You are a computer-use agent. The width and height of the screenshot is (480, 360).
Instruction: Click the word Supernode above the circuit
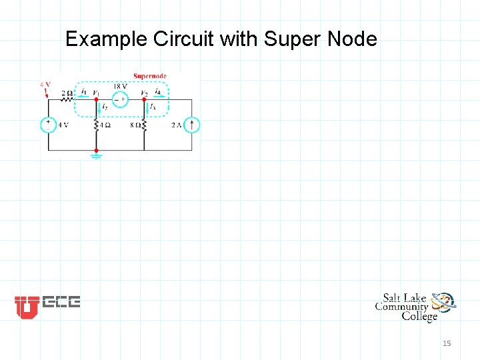(x=149, y=76)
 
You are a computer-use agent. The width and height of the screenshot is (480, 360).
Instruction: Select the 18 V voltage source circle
(x=120, y=99)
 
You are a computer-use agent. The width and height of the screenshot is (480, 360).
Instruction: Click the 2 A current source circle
(x=191, y=125)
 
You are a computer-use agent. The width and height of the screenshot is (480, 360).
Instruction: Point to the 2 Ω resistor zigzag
(x=67, y=99)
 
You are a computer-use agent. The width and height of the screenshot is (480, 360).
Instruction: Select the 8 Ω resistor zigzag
(x=144, y=125)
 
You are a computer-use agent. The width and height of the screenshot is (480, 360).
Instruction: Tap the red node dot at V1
(x=96, y=99)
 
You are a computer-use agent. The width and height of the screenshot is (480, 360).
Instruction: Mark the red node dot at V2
(x=144, y=99)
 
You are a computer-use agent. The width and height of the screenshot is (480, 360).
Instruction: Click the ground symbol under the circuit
(x=96, y=156)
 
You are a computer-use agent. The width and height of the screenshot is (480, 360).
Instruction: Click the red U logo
(x=27, y=307)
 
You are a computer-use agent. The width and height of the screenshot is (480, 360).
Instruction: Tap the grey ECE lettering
(x=61, y=303)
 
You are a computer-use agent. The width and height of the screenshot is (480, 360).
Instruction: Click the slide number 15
(x=447, y=343)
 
